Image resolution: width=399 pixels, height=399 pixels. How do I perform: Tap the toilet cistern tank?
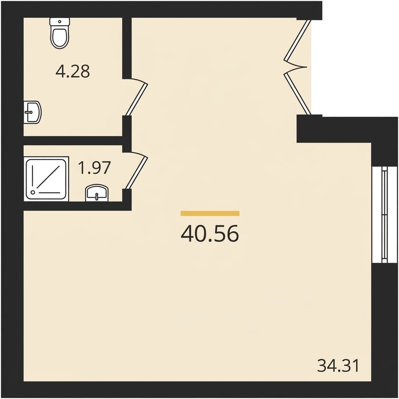coord(60,21)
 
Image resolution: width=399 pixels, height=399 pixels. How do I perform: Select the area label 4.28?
coord(73,71)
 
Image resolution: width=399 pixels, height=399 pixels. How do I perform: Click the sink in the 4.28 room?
coord(32,112)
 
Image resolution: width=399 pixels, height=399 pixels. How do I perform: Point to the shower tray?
coord(46,178)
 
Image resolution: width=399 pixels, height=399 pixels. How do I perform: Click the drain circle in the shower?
coord(34,192)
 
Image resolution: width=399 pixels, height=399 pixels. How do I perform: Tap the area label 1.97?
coord(95,168)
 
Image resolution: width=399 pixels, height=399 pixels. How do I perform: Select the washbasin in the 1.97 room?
coord(96,193)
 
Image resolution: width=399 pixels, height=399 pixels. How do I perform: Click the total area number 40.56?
coord(210,234)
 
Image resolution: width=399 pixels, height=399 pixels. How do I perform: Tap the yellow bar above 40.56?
coord(210,213)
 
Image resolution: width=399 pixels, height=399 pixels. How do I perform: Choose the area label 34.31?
coord(338,366)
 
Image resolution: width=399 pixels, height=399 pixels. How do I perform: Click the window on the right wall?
coord(384,215)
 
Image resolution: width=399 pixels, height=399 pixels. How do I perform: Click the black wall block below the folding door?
coord(310,129)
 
